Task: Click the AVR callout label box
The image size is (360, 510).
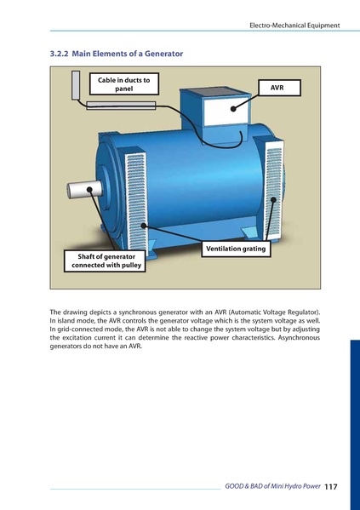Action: pos(276,88)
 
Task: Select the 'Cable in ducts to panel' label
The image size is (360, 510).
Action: pos(123,85)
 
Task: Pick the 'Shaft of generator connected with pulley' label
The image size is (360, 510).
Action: pos(105,260)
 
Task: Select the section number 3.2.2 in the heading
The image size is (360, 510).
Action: pos(59,53)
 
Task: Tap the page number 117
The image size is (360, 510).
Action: pos(331,486)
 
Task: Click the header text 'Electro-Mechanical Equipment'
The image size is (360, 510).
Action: pos(294,26)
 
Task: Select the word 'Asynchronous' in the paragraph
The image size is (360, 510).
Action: pos(297,338)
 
